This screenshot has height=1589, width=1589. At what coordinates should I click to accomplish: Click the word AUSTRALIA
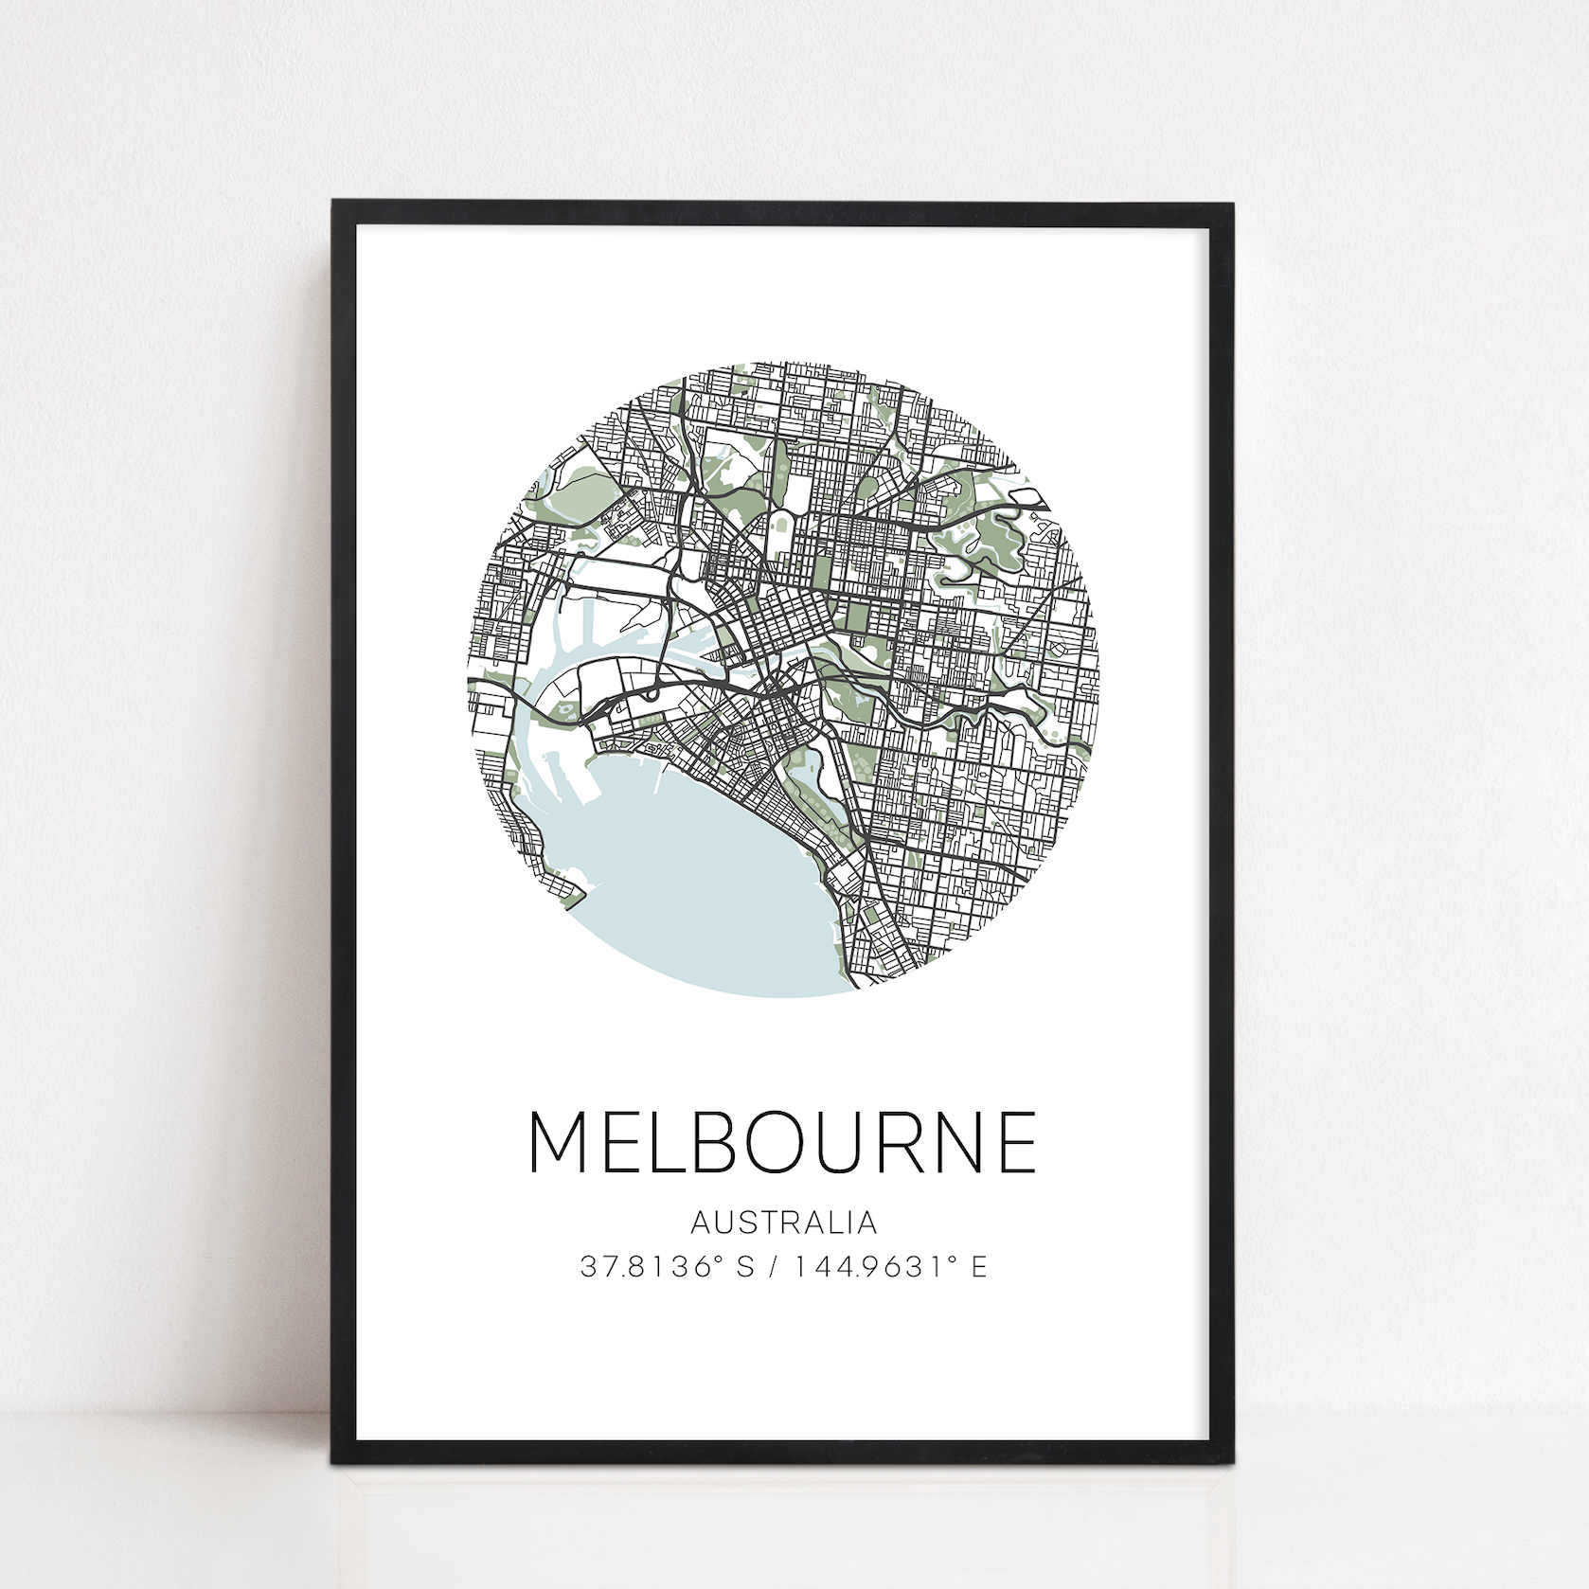783,1223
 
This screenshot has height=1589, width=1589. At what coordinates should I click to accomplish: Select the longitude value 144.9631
866,1266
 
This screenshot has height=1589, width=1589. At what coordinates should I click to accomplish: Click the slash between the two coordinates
775,1266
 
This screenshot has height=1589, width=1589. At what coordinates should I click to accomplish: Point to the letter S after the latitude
745,1266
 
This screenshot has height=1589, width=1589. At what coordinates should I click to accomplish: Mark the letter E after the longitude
978,1266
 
